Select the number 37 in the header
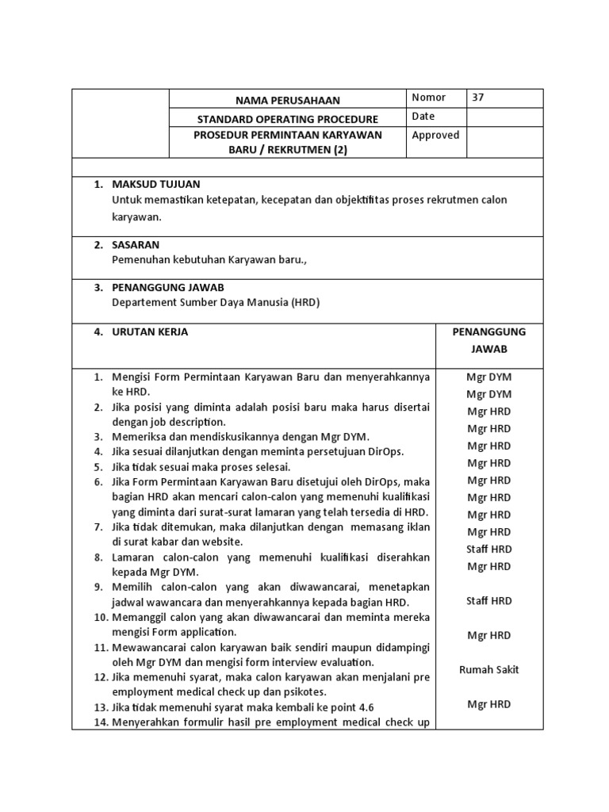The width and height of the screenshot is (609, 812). pyautogui.click(x=477, y=98)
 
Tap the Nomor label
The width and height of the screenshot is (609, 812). pyautogui.click(x=428, y=98)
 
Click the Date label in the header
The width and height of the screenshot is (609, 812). pyautogui.click(x=424, y=117)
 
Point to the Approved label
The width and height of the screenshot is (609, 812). pyautogui.click(x=435, y=135)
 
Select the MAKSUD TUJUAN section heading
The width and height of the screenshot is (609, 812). pyautogui.click(x=155, y=184)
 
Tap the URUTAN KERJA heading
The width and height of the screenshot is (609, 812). pyautogui.click(x=150, y=332)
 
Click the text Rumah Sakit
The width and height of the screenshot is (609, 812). pyautogui.click(x=489, y=669)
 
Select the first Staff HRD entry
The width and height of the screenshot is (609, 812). pyautogui.click(x=489, y=549)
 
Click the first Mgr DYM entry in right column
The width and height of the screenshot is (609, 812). pyautogui.click(x=489, y=377)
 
